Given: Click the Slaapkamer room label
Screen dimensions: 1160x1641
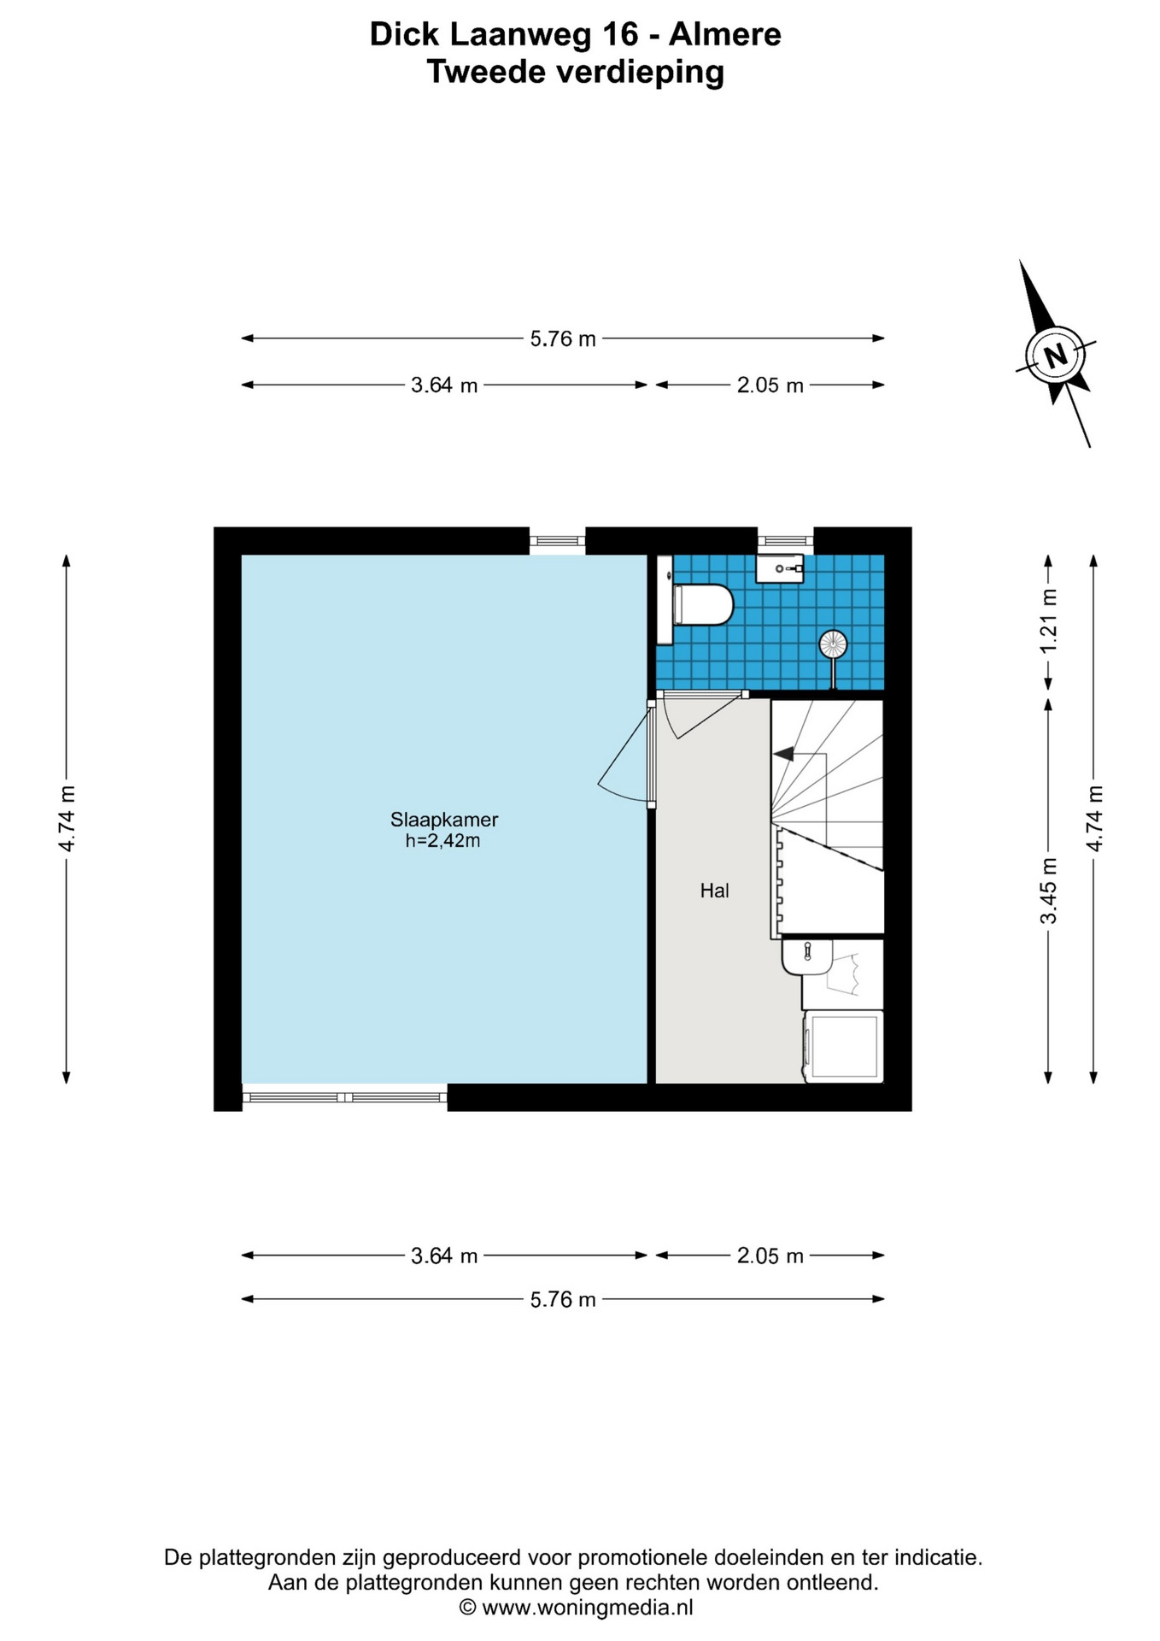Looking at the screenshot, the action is [x=444, y=819].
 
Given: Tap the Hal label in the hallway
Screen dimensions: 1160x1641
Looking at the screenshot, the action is [x=714, y=891].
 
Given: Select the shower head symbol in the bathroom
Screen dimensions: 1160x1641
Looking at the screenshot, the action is [x=833, y=644].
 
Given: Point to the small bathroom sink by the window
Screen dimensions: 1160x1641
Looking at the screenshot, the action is [x=780, y=568].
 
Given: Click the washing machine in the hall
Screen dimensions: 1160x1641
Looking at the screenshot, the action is [x=843, y=1047].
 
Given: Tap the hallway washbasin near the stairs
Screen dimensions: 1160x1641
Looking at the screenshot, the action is [x=806, y=956].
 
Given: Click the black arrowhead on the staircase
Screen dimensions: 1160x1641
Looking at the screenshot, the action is [x=782, y=754].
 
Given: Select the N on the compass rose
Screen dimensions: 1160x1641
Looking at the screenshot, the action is [x=1056, y=354].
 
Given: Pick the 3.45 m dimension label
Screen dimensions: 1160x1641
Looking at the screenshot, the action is [x=1048, y=891].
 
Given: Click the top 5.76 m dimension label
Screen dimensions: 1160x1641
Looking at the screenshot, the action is [x=563, y=338].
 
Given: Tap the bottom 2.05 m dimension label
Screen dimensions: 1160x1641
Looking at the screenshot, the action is [x=770, y=1256].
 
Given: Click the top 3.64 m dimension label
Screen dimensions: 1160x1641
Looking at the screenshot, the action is [x=444, y=385].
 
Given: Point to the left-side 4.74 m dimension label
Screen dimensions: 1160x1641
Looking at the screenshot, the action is [x=67, y=818].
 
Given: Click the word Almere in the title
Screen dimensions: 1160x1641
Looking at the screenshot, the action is [x=725, y=34].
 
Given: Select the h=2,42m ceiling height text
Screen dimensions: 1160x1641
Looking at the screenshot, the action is [x=442, y=841].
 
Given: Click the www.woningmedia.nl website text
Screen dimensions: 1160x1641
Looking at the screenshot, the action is [x=588, y=1607].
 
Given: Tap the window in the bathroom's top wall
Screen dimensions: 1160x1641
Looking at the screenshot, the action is [x=786, y=540].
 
